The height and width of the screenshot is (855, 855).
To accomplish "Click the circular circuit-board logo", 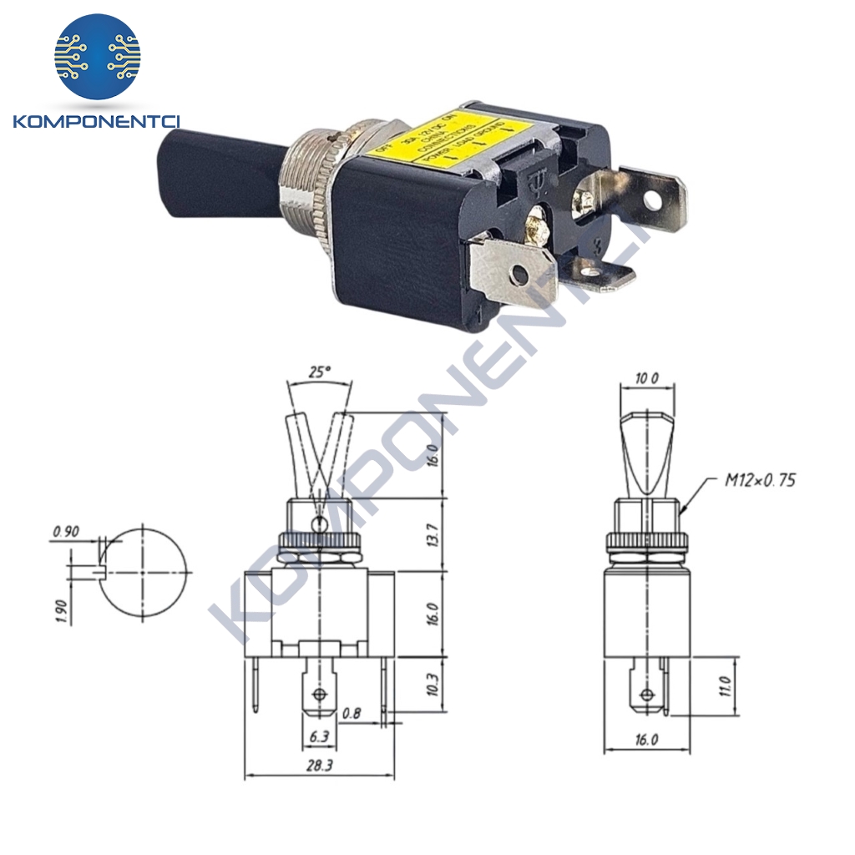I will pyautogui.click(x=98, y=57).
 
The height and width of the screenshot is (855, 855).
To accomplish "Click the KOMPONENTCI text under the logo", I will pyautogui.click(x=98, y=122).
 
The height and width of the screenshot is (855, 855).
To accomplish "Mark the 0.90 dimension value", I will pyautogui.click(x=66, y=532).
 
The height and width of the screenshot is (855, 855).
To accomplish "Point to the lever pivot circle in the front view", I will pyautogui.click(x=317, y=524).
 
